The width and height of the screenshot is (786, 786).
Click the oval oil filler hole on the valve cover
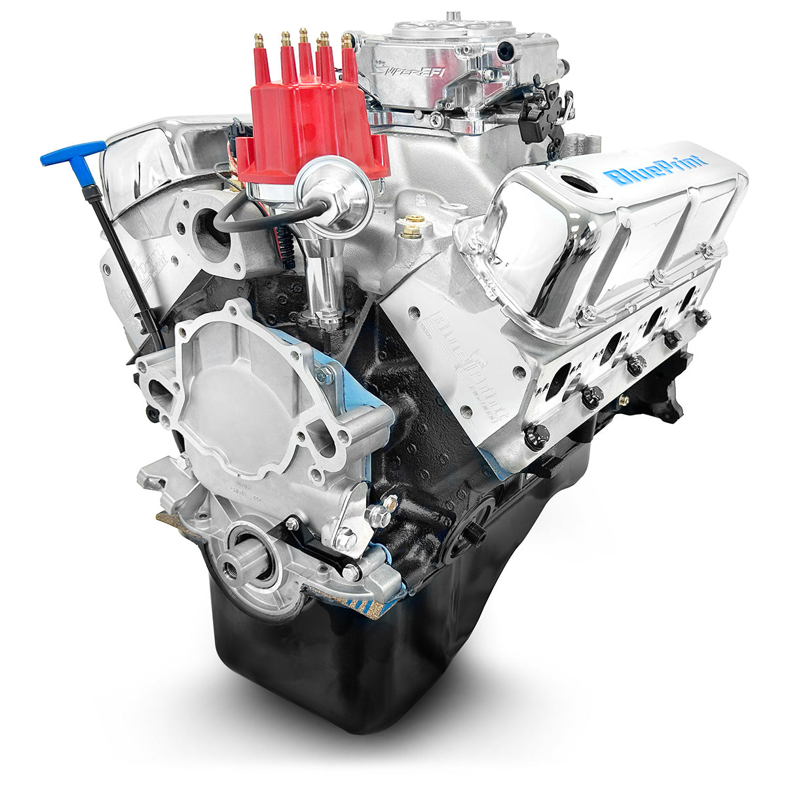575,183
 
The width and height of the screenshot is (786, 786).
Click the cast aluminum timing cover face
236,400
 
